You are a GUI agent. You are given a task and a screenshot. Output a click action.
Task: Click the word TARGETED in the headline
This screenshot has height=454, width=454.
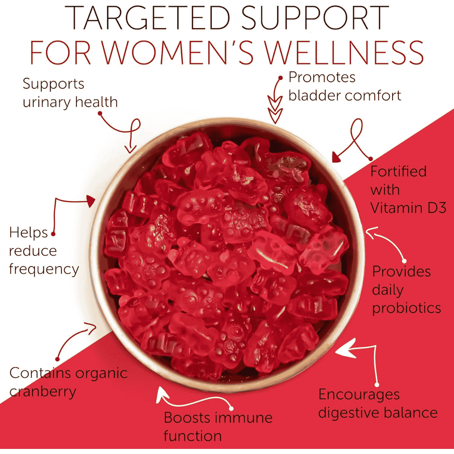click(x=148, y=18)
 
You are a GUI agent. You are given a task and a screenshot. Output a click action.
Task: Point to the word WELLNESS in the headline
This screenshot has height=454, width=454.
click(x=345, y=53)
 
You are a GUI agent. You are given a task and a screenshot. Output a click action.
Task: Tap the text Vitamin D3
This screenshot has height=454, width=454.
click(x=408, y=208)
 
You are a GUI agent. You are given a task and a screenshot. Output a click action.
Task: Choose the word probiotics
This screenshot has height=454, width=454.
click(x=406, y=309)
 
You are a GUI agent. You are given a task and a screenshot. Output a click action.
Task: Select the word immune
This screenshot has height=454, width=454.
click(x=244, y=418)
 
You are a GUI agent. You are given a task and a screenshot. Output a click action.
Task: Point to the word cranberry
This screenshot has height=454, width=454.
click(x=42, y=392)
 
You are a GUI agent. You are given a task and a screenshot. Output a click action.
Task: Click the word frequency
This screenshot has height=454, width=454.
click(x=44, y=269)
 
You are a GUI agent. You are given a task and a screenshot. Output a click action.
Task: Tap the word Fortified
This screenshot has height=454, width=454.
click(x=399, y=171)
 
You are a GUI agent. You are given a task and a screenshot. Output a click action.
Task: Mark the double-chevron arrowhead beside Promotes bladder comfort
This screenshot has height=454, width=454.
click(x=275, y=110)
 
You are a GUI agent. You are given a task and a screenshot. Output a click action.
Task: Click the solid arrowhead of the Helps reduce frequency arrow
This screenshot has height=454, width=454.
click(x=91, y=201)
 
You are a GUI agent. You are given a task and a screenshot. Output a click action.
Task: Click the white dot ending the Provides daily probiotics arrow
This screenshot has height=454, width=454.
click(x=404, y=261)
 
